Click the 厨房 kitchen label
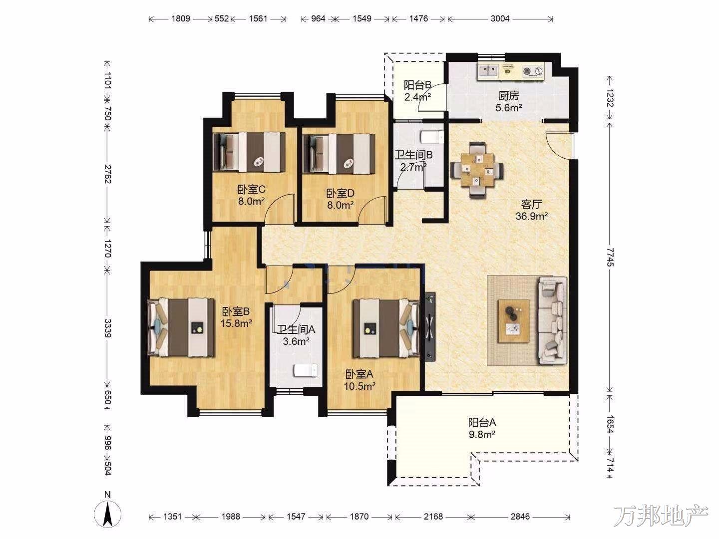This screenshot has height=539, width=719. click(x=508, y=96)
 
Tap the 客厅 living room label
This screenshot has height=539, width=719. click(x=531, y=205)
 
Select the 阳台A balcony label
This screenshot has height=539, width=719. click(x=482, y=423)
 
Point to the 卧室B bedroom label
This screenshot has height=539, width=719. click(x=236, y=311)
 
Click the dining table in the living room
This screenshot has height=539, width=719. click(x=477, y=170)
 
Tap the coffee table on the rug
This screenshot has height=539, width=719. click(x=513, y=321)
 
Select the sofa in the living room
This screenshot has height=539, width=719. click(x=553, y=321)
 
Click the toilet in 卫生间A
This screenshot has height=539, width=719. click(x=305, y=371)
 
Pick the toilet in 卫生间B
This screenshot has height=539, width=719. click(x=432, y=137)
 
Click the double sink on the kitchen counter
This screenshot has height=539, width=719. click(x=488, y=70)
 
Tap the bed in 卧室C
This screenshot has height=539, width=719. click(x=249, y=152)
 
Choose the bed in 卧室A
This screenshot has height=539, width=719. click(x=386, y=328)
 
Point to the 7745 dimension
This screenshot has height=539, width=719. click(x=609, y=257)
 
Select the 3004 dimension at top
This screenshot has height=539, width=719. click(x=500, y=18)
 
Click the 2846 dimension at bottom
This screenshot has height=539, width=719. click(x=520, y=517)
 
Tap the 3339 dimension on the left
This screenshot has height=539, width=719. click(x=107, y=328)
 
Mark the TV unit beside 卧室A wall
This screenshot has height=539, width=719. click(x=430, y=326)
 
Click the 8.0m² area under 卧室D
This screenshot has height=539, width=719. click(x=340, y=205)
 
